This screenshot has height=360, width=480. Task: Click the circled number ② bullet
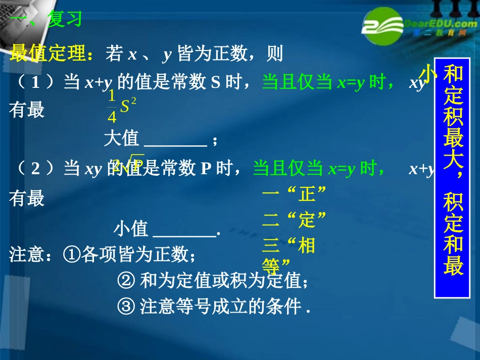tap(125, 280)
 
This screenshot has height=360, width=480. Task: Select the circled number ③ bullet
tap(125, 306)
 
